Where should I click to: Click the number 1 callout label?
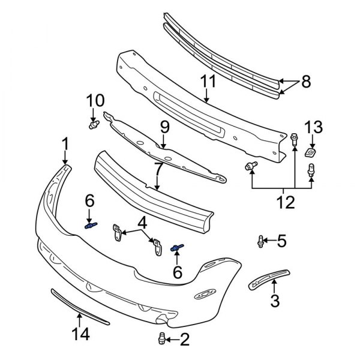tap(65, 144)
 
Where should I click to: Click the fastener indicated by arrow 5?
tap(261, 242)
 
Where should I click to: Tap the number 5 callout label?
tap(281, 242)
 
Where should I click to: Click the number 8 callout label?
tap(306, 82)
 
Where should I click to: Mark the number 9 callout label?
tap(164, 127)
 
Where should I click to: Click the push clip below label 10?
tap(94, 125)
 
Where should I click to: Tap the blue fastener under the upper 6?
tap(90, 226)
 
